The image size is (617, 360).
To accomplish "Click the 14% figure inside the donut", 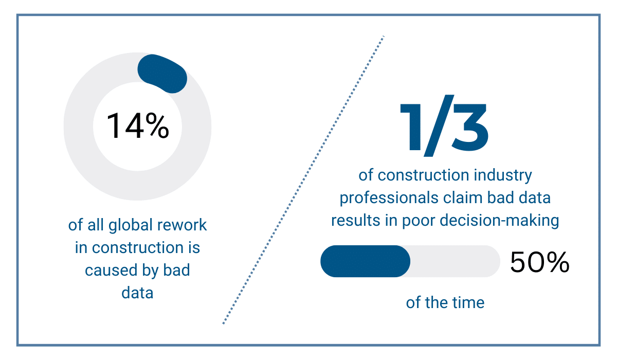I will (x=137, y=127).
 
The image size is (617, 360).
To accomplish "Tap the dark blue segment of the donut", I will (x=162, y=74).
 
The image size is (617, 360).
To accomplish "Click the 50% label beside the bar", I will (x=539, y=262).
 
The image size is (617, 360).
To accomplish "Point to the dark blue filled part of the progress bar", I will (x=365, y=261).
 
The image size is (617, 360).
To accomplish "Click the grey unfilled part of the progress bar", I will (x=455, y=261).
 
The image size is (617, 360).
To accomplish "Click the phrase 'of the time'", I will (x=445, y=302).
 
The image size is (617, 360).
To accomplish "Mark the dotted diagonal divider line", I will (x=303, y=180).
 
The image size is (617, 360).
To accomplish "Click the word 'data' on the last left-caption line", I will (x=137, y=293).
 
